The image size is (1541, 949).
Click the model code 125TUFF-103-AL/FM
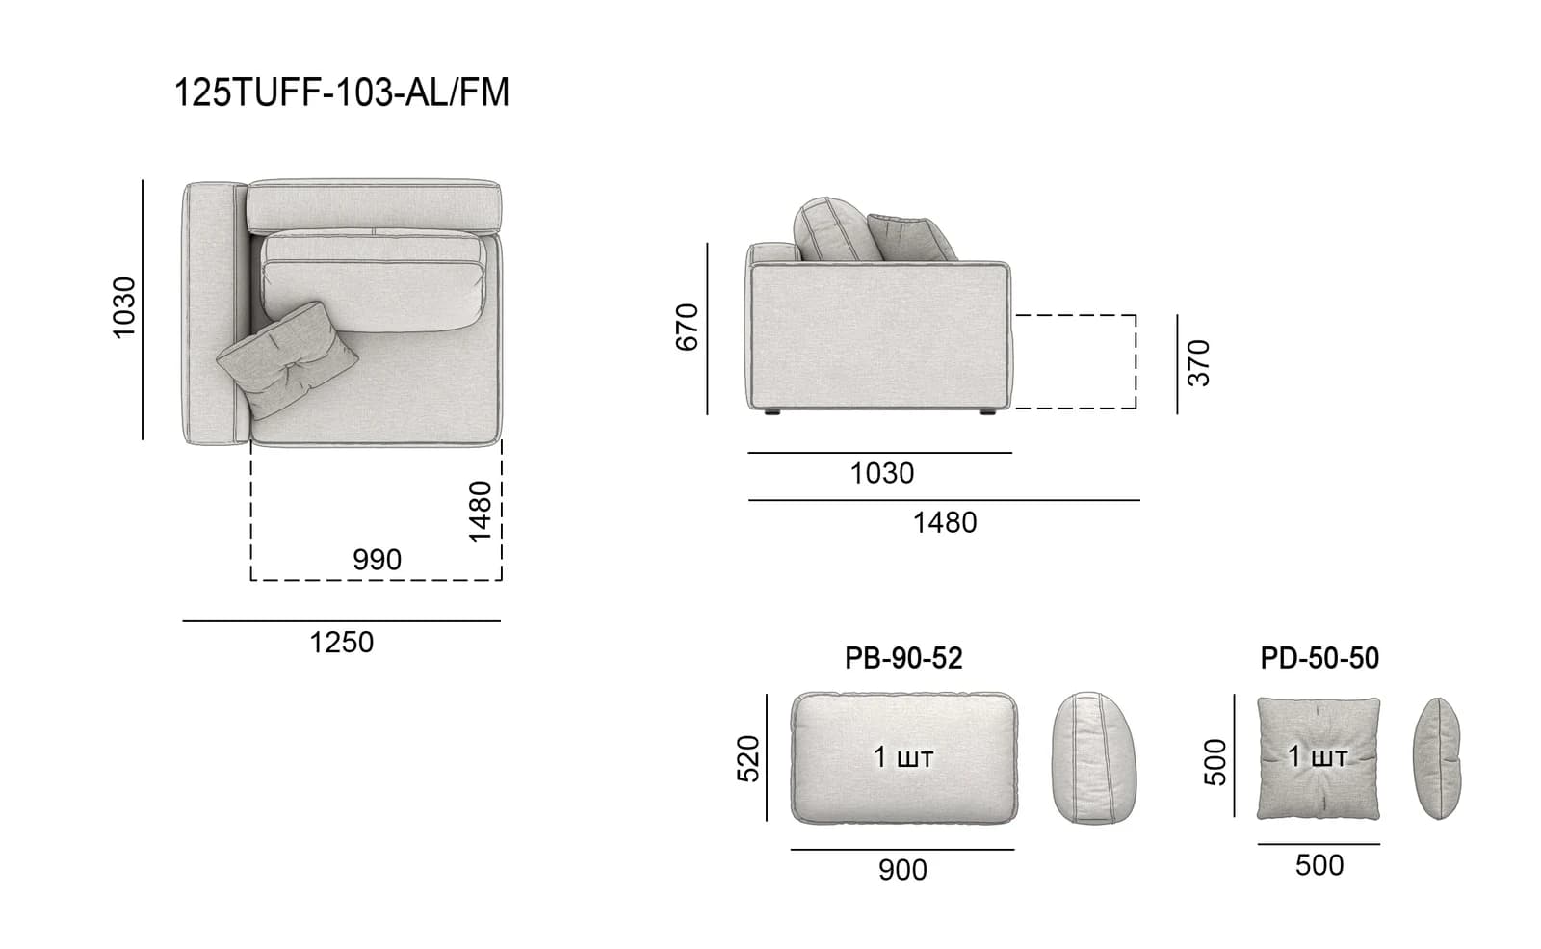[x=341, y=92]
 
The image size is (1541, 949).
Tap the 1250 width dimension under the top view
[x=341, y=643]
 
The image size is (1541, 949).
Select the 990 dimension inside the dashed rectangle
[x=377, y=560]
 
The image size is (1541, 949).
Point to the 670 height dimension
[x=687, y=328]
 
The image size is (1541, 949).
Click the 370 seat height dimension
[x=1198, y=362]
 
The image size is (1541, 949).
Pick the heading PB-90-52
[x=903, y=659]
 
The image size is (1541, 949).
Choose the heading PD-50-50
[x=1319, y=659]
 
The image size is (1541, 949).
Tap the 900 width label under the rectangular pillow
[x=902, y=871]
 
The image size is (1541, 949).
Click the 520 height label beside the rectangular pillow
[x=747, y=758]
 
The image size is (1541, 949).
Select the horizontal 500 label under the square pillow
[x=1319, y=866]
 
